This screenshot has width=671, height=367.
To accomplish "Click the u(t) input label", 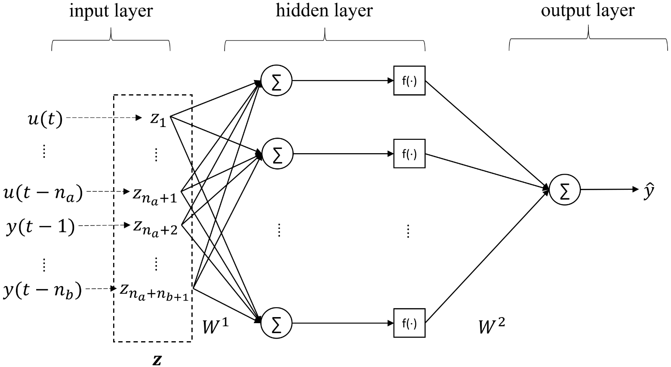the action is [x=45, y=119].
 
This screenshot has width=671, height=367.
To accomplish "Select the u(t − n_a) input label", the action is [x=43, y=193].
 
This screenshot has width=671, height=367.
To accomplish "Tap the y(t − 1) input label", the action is [x=40, y=227].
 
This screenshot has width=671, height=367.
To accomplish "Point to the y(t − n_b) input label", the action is [x=43, y=290].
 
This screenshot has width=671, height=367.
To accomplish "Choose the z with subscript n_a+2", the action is [x=155, y=228].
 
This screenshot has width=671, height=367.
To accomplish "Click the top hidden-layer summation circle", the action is [x=277, y=80].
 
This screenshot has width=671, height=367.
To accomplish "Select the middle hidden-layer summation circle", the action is [x=277, y=154].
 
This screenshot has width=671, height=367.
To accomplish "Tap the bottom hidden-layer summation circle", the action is [x=277, y=323].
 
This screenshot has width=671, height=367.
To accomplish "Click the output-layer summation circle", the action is [x=565, y=190].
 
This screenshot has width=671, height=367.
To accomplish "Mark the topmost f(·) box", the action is [x=409, y=80].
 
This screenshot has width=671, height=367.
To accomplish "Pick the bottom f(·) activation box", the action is [x=409, y=323].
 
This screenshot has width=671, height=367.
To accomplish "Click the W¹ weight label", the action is [x=215, y=326].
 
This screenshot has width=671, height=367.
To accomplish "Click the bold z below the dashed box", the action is [x=157, y=360].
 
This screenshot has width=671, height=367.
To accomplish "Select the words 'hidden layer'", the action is [x=324, y=11].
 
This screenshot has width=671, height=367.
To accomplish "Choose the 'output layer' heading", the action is [x=588, y=11].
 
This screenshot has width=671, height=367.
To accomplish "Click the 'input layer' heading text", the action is [x=111, y=12].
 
